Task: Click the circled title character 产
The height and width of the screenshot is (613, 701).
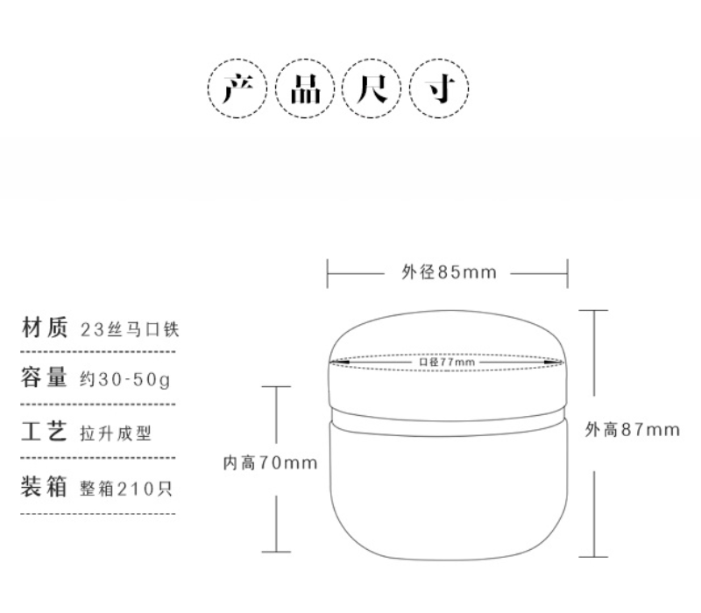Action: click(237, 88)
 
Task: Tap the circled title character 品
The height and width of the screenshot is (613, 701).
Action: click(305, 89)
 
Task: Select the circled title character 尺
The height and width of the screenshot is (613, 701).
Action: click(372, 88)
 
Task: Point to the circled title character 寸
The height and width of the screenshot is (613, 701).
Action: click(440, 88)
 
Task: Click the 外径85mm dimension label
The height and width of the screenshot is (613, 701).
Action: click(449, 272)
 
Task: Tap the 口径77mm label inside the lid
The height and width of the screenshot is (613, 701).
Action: click(447, 362)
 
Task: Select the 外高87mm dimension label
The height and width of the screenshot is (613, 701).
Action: click(633, 430)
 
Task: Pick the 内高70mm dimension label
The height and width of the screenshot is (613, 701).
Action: click(270, 463)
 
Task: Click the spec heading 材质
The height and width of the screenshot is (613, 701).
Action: click(45, 327)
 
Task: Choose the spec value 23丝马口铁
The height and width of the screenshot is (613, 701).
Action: click(130, 330)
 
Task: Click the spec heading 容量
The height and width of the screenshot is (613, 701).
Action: click(45, 377)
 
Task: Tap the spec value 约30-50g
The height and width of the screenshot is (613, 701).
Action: click(125, 380)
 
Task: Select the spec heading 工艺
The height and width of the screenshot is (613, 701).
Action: click(45, 431)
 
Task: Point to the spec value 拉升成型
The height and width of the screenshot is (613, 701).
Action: click(116, 433)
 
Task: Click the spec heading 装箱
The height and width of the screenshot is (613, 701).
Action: click(44, 486)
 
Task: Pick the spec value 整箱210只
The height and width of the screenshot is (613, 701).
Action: click(126, 489)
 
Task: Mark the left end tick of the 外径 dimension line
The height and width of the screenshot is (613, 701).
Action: click(327, 273)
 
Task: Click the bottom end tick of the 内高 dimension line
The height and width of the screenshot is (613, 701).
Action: click(276, 552)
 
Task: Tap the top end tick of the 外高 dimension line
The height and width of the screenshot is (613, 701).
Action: click(594, 310)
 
